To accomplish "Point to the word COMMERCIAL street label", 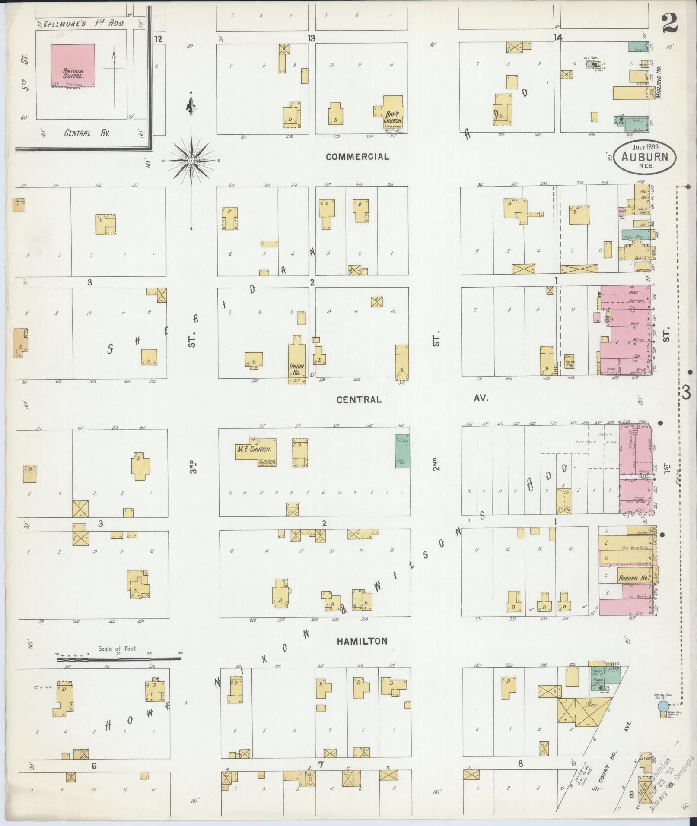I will (357, 157).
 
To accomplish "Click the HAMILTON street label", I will (363, 641).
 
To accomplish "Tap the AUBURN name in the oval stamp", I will (644, 157).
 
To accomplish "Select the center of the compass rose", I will (191, 161).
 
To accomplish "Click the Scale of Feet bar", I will (118, 659).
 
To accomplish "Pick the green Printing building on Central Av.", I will (402, 451).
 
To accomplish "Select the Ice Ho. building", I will (563, 501).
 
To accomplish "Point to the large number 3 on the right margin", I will (687, 392).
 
